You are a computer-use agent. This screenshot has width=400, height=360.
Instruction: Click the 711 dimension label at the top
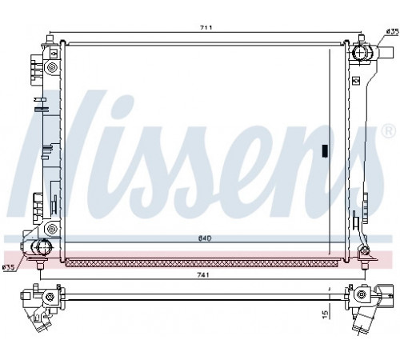[206, 27]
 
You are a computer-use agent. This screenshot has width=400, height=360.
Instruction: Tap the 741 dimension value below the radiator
[203, 275]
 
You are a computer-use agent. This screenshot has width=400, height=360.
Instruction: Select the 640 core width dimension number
[205, 238]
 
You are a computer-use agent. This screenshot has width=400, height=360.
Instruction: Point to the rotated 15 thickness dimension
[325, 314]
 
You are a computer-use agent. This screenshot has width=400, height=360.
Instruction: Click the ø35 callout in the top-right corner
[392, 31]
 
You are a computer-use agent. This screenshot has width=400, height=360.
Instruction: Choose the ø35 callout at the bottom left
[9, 268]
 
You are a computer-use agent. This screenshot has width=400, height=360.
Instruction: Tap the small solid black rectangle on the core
[325, 150]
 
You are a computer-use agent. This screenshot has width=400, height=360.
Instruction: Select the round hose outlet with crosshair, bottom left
[41, 246]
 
